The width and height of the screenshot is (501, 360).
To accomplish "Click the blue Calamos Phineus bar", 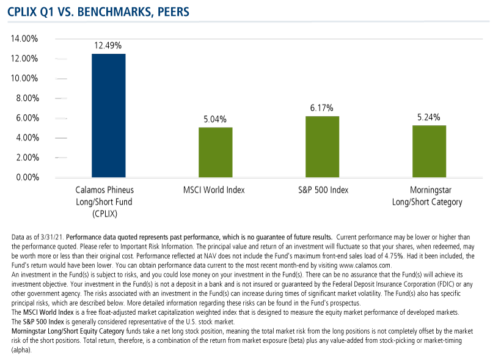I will [x=108, y=116].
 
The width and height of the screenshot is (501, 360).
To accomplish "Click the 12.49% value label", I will [x=108, y=45].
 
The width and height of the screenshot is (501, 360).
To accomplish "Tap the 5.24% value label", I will [x=428, y=117].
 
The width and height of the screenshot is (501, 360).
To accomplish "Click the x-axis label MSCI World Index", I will [x=214, y=190].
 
